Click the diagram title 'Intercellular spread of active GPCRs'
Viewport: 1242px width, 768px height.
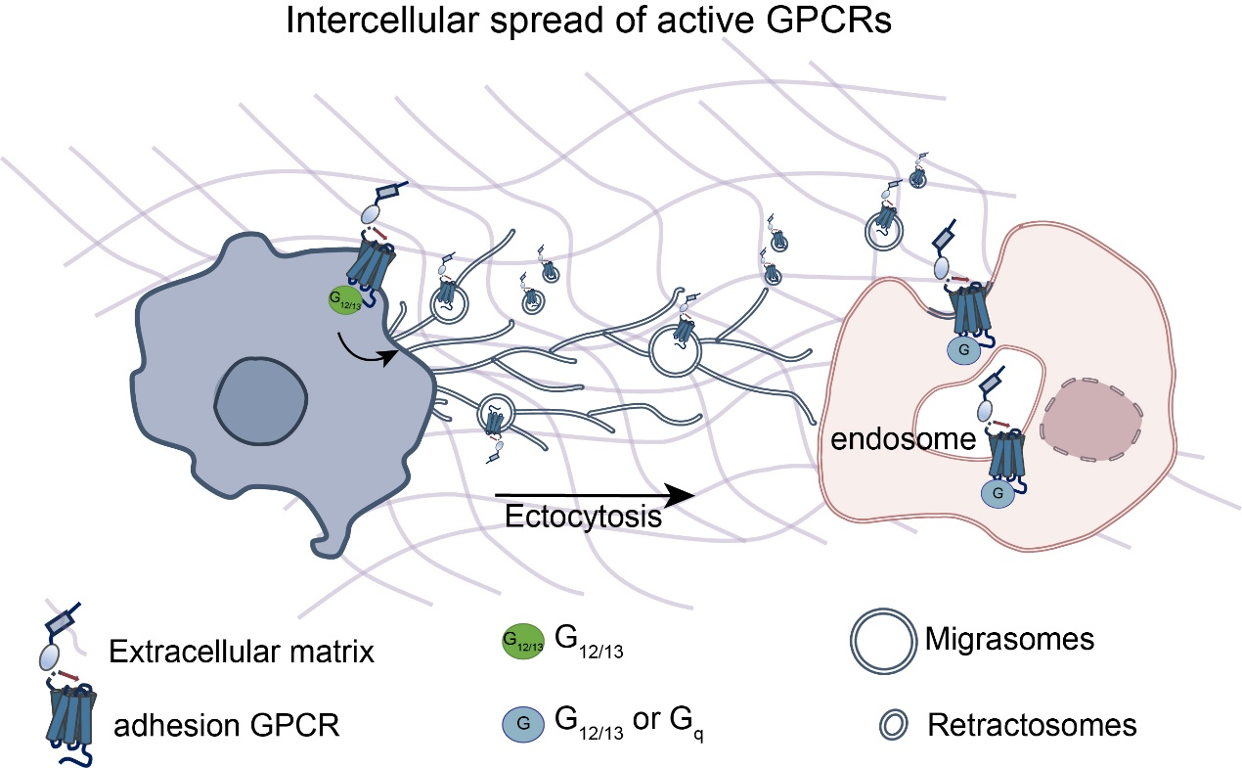tap(590, 21)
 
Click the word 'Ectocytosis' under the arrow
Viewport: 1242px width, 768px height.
tap(583, 516)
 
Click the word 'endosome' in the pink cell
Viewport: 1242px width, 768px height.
tap(903, 439)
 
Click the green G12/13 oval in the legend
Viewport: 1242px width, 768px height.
tap(522, 643)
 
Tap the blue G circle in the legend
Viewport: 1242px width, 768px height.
tap(522, 725)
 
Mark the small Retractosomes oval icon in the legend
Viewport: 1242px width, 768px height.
tap(892, 725)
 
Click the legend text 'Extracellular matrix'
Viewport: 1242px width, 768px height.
tap(242, 652)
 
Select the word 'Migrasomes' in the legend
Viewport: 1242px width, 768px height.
tap(1009, 641)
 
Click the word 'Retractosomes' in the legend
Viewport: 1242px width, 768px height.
tap(1032, 725)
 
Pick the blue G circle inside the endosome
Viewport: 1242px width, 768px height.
tap(997, 493)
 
